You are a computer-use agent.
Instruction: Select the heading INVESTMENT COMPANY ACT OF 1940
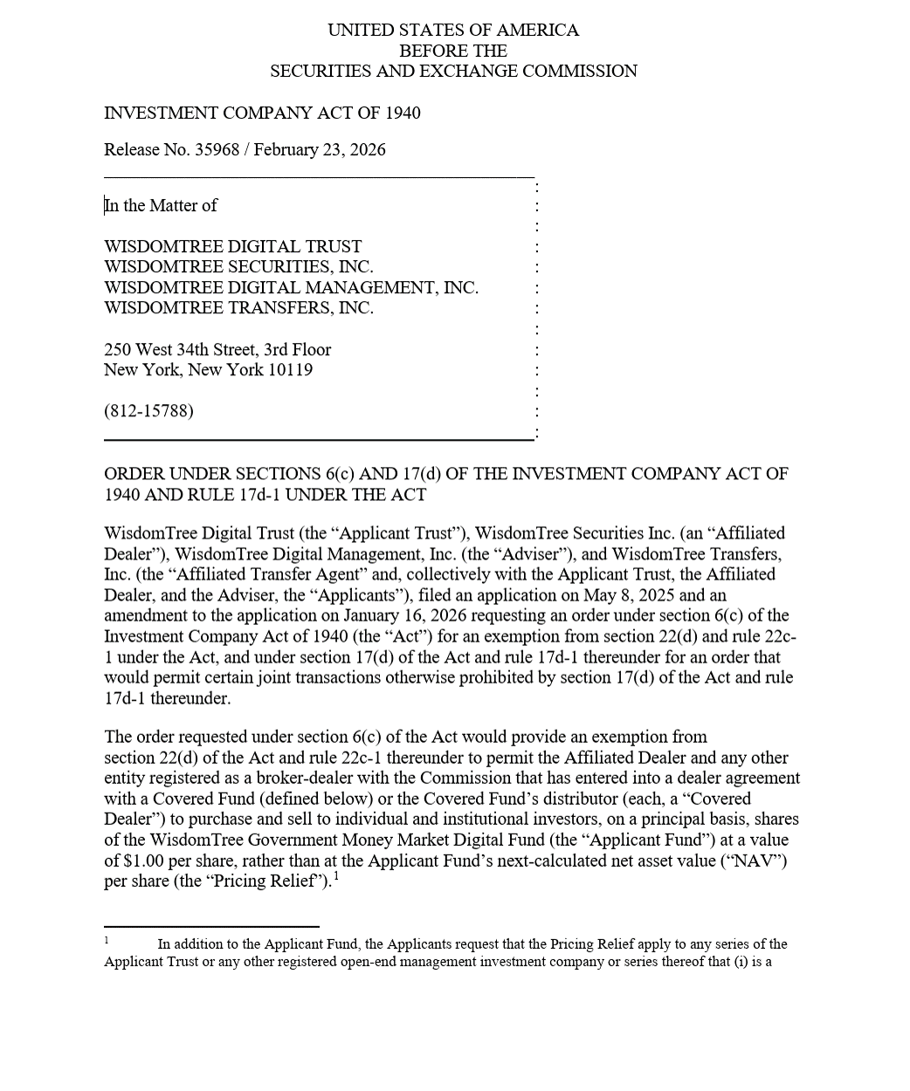coord(262,113)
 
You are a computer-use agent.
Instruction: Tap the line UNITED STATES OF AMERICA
coord(453,30)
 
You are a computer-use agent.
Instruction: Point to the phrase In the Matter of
coord(161,205)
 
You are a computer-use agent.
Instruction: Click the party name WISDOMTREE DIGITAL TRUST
coord(232,246)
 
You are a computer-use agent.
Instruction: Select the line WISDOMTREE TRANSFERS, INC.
coord(238,307)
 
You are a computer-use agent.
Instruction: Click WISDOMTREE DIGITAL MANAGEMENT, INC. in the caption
coord(291,287)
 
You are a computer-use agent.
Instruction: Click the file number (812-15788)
coord(148,410)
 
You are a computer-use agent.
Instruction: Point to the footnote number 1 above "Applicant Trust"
coord(107,940)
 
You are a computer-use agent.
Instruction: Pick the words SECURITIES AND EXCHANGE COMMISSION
coord(453,71)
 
